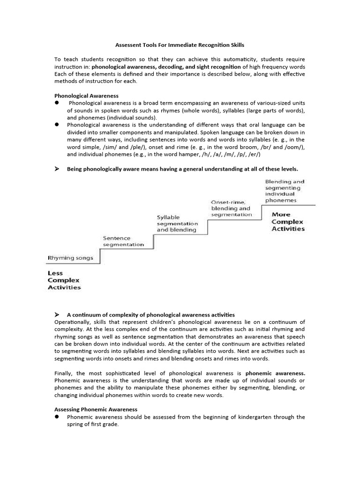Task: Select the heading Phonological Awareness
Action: tap(86, 96)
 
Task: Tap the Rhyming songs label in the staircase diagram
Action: tap(70, 258)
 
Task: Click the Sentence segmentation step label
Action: tap(123, 241)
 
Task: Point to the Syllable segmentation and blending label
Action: tap(177, 224)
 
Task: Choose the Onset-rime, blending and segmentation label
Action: tap(231, 208)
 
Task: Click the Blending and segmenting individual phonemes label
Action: tap(285, 191)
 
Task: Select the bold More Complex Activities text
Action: tap(288, 222)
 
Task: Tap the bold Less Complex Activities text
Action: tap(64, 280)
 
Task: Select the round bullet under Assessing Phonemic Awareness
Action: tap(57, 417)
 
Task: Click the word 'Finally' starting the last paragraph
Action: tap(63, 373)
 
